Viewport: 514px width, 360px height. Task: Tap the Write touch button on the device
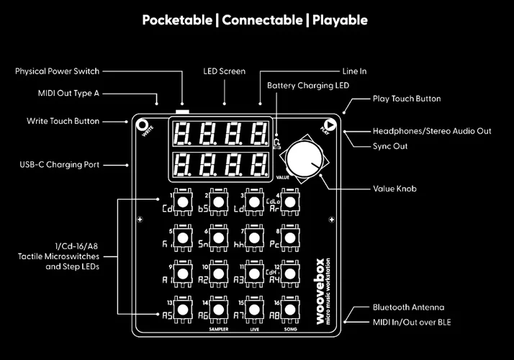click(x=143, y=124)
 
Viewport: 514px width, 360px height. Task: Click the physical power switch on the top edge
click(x=183, y=112)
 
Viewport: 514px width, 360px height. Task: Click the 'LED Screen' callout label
click(x=224, y=71)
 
